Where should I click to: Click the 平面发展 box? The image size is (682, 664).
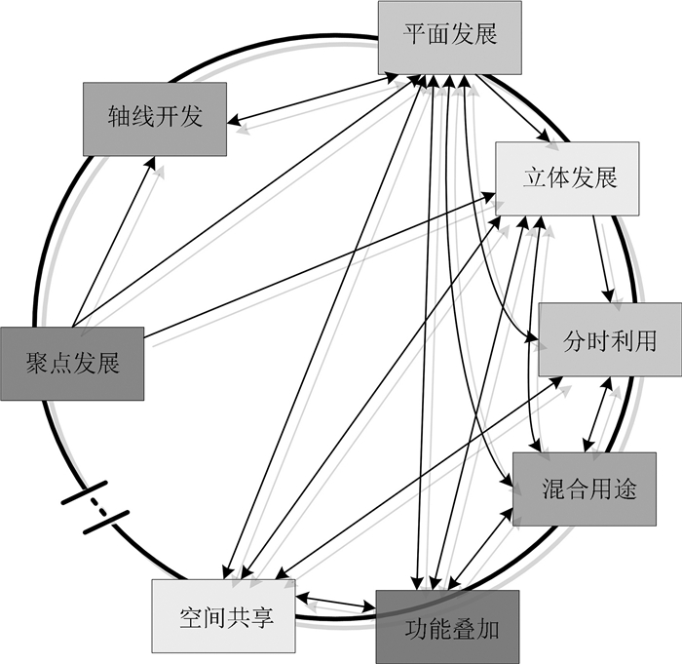[450, 37]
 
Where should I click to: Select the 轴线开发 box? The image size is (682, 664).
[155, 118]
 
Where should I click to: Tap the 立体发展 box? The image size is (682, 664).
[569, 178]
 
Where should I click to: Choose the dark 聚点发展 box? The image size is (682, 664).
[72, 364]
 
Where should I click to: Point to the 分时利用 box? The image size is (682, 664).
[610, 340]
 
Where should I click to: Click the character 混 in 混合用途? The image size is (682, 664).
[551, 489]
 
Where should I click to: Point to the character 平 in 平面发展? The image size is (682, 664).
[414, 37]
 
